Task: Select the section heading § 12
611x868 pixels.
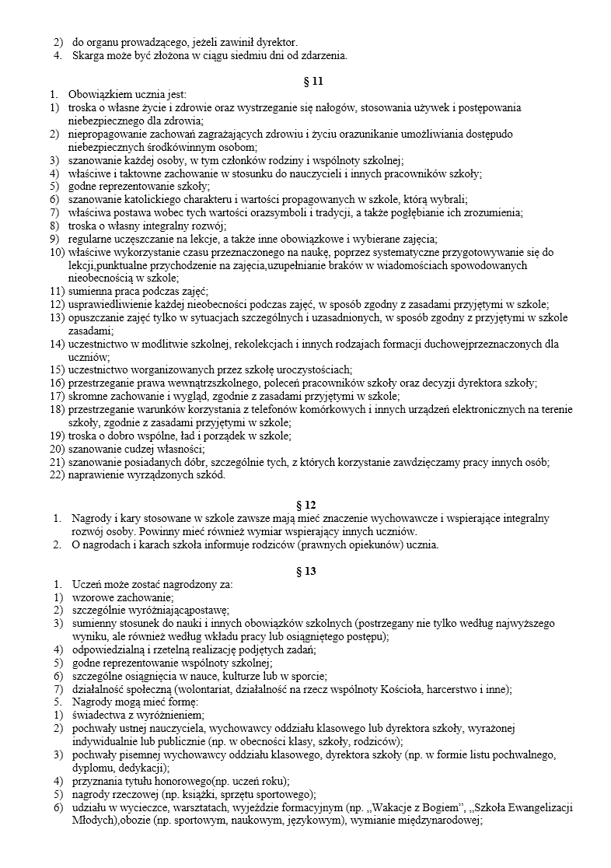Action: (x=305, y=505)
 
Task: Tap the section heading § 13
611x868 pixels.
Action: (x=305, y=571)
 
